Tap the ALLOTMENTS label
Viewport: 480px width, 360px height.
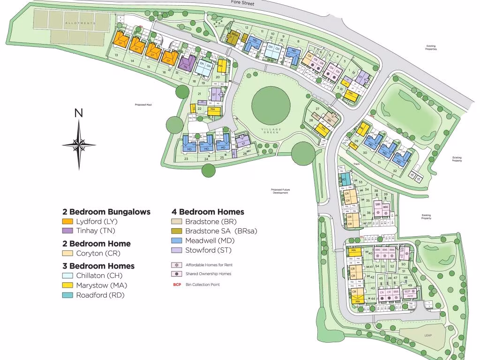tap(80, 22)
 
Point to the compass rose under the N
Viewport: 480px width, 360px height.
tap(79, 143)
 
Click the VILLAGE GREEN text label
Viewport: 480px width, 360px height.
tap(271, 130)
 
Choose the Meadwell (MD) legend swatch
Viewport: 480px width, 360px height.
tap(177, 240)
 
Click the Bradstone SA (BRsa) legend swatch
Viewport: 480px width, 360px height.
tap(177, 231)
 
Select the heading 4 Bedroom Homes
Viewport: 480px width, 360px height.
tap(208, 212)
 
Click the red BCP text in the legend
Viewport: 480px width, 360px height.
tap(177, 285)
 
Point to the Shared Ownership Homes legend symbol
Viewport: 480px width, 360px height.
tap(177, 274)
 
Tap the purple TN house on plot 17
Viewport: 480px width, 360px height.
tap(186, 63)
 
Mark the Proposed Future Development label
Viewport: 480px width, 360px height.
tap(280, 191)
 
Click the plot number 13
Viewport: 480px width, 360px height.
tap(115, 55)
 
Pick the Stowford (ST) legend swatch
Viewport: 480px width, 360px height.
tap(177, 250)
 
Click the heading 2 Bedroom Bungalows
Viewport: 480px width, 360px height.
tap(106, 212)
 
